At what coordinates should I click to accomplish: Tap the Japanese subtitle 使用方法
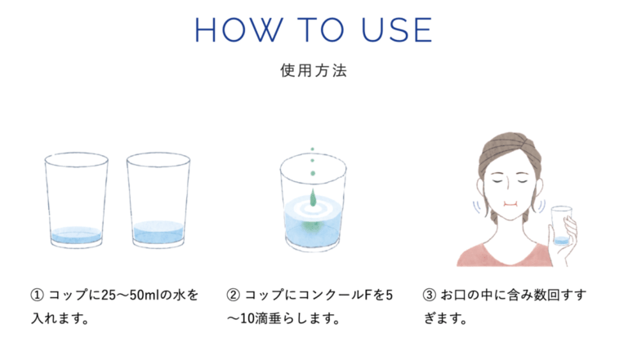[x=313, y=71]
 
